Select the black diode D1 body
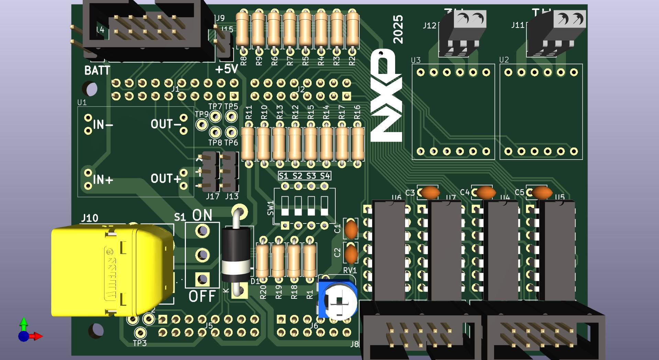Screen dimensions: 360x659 click(x=236, y=254)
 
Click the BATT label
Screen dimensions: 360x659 click(x=97, y=70)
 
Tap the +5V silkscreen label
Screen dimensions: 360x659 click(x=226, y=69)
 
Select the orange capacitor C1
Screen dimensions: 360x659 click(x=351, y=229)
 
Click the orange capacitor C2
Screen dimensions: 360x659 click(x=351, y=254)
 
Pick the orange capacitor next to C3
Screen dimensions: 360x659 click(x=430, y=193)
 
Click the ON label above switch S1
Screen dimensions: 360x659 click(x=202, y=215)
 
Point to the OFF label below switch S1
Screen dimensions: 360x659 click(x=202, y=296)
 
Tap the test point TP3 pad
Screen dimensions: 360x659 click(x=140, y=332)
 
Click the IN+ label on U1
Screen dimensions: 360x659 click(x=103, y=179)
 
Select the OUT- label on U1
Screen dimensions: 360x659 click(x=166, y=124)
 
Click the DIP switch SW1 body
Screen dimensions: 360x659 click(x=304, y=206)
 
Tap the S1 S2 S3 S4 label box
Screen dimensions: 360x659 click(x=304, y=176)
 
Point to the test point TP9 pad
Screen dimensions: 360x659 click(x=202, y=124)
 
